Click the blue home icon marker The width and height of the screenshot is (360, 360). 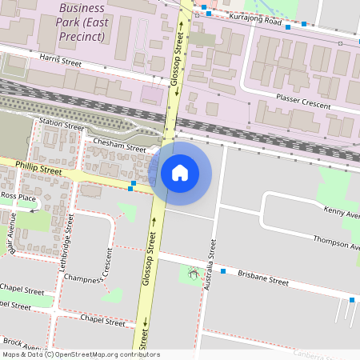pyautogui.click(x=180, y=172)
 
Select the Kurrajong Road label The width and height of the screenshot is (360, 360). pyautogui.click(x=255, y=20)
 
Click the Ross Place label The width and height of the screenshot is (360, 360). pyautogui.click(x=18, y=196)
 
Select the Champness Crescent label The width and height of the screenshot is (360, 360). pyautogui.click(x=101, y=268)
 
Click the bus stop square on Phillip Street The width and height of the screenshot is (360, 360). pyautogui.click(x=132, y=188)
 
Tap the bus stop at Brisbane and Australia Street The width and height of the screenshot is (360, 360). pyautogui.click(x=223, y=272)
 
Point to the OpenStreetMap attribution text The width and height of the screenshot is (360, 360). pyautogui.click(x=80, y=354)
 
